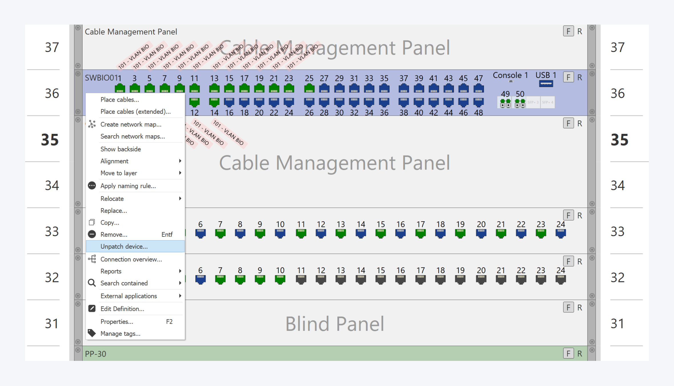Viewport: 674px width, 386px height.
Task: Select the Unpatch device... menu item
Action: click(124, 246)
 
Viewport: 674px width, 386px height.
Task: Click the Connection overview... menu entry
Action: click(131, 259)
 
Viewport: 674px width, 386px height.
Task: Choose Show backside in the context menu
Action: click(120, 149)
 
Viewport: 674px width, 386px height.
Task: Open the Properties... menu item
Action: click(117, 321)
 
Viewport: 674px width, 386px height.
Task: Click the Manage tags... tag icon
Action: click(92, 333)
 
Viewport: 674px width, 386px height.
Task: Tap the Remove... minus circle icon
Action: click(92, 234)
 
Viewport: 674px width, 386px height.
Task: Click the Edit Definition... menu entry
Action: click(122, 309)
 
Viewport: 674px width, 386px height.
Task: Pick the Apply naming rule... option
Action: click(128, 186)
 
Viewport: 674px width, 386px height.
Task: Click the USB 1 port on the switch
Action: click(546, 84)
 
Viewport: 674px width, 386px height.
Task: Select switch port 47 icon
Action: click(478, 89)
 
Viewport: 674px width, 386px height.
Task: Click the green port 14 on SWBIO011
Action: click(214, 102)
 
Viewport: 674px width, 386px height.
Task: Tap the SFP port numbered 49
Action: click(505, 103)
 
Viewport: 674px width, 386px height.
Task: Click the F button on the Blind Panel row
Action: click(568, 307)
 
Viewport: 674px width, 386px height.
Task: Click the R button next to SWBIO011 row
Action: click(579, 77)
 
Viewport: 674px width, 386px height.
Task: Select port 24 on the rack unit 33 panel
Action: click(561, 233)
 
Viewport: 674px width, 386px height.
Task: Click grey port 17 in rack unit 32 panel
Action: click(420, 279)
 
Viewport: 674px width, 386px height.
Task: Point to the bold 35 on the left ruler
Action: click(50, 140)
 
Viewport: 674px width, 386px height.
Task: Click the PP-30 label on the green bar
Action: click(95, 354)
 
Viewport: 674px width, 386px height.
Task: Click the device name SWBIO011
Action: click(103, 78)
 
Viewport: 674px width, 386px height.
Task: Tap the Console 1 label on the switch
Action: click(510, 75)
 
